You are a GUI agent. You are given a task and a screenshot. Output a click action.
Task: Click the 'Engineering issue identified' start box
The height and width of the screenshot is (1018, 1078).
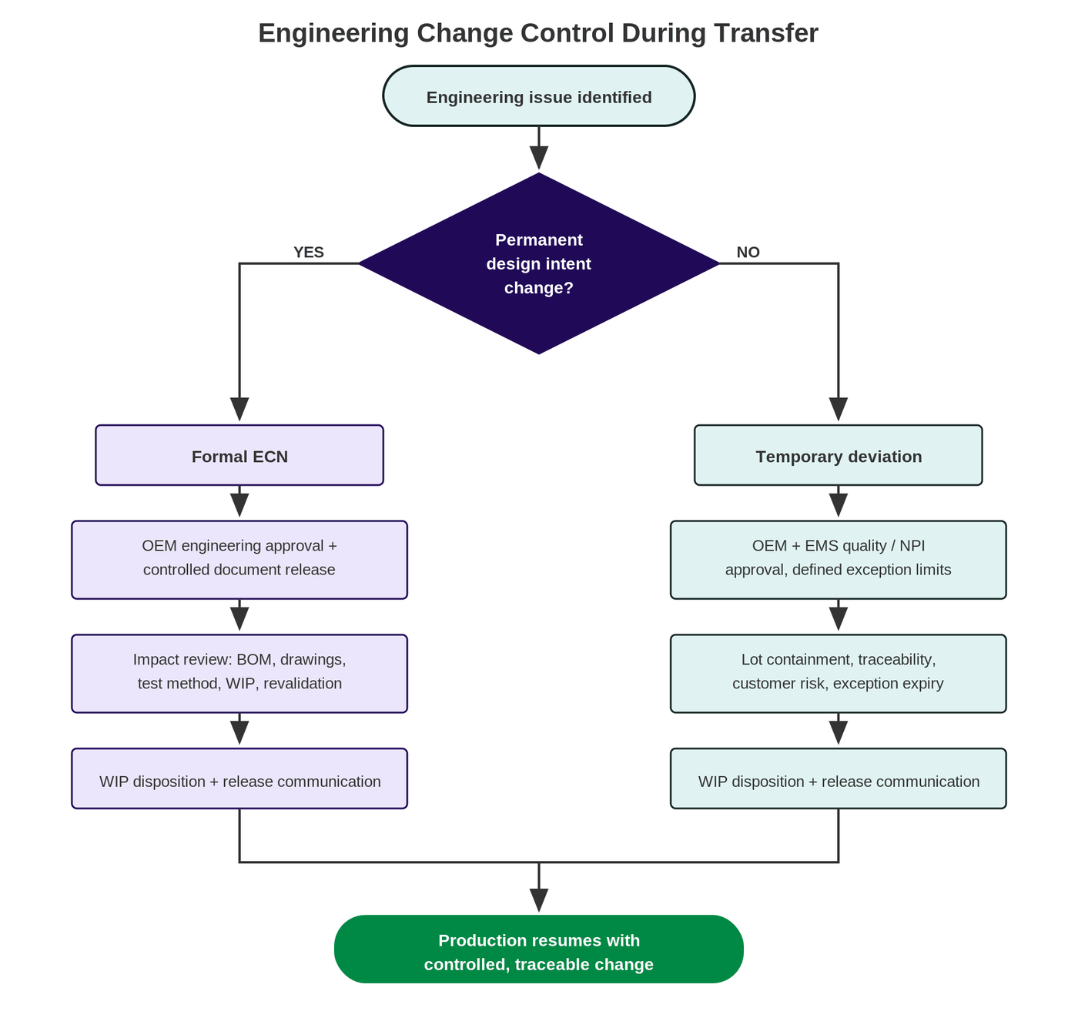coord(538,96)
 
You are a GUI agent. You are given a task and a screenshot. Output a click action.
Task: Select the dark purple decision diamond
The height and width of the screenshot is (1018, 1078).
coord(538,263)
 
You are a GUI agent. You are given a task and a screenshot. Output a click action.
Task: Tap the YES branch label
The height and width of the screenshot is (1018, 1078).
coord(308,252)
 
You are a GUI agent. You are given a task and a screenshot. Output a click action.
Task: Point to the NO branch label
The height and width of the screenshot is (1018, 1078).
coord(748,252)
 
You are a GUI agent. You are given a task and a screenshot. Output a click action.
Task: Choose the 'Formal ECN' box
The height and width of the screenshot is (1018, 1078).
coord(239,455)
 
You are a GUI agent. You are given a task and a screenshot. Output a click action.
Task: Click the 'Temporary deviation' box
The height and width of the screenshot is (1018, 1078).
coord(838,455)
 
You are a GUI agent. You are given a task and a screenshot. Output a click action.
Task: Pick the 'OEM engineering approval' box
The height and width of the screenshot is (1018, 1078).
coord(239,560)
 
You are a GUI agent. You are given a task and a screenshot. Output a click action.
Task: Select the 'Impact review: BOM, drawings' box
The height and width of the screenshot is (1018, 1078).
coord(239,673)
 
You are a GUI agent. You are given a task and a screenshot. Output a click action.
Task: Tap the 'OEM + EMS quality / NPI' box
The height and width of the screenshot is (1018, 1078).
coord(838,560)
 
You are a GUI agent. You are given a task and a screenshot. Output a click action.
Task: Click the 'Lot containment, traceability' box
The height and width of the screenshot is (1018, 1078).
coord(838,673)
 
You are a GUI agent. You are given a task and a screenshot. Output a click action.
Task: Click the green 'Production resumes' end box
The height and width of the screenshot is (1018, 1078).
coord(538,949)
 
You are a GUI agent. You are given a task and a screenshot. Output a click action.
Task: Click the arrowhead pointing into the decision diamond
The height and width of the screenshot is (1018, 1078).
coord(538,158)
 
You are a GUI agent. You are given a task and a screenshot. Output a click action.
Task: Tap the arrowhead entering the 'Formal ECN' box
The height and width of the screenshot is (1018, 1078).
coord(239,410)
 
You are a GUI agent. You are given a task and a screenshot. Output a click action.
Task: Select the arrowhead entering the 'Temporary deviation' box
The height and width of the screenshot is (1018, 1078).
coord(838,410)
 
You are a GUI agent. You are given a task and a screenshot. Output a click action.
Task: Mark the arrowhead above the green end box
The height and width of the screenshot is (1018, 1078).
coord(538,900)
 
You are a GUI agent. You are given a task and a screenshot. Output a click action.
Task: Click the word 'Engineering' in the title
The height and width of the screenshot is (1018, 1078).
coord(333,33)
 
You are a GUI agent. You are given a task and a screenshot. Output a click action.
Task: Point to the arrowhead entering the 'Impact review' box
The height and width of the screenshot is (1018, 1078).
coord(239,619)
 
